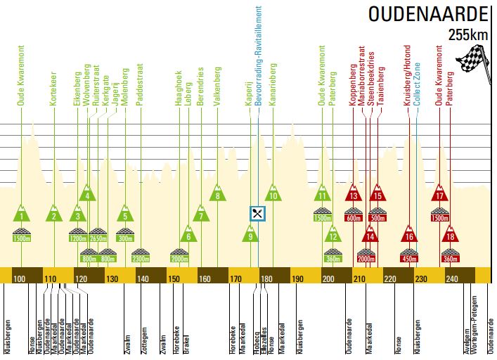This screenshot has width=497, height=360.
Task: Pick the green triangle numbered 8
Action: pos(219,195)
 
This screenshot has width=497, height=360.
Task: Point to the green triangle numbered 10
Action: pos(273,195)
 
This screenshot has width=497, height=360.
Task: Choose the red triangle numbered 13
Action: pos(354,195)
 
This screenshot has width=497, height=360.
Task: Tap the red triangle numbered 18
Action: pos(451,236)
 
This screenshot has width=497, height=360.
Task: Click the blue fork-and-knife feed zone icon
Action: pos(258,213)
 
